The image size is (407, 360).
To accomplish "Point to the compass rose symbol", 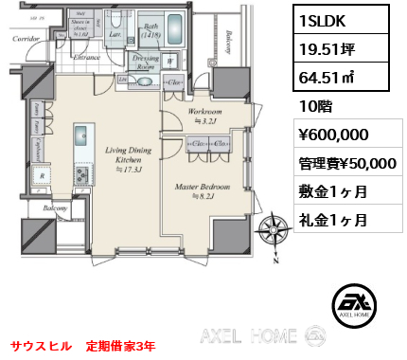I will pyautogui.click(x=274, y=230).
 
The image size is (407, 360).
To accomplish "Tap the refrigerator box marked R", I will pyautogui.click(x=43, y=175).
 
